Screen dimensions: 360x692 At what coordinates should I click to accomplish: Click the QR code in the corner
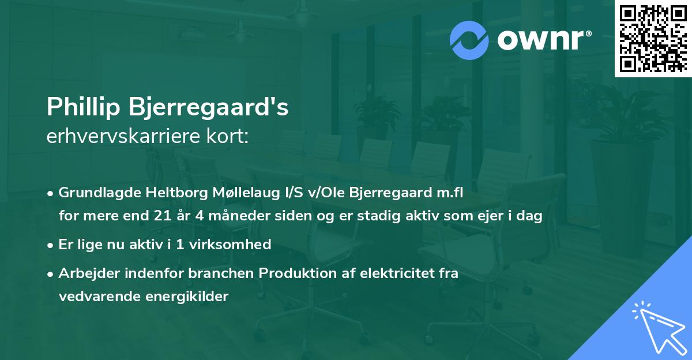[x=653, y=39]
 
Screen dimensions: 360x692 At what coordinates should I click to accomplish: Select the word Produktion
[x=294, y=273]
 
